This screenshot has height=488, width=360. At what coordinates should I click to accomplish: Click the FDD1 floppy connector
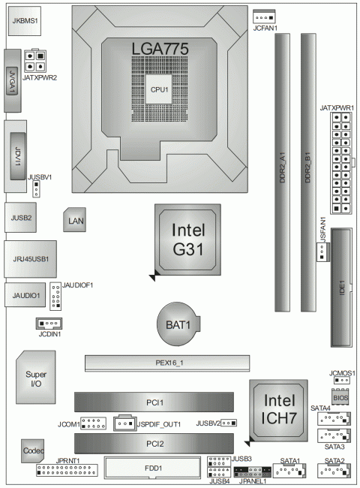pos(154,469)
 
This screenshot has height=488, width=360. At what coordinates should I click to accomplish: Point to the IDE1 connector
pos(342,285)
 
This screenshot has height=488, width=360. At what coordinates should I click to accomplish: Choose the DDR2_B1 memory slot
pos(307,172)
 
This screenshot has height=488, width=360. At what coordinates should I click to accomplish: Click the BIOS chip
pos(340,396)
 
